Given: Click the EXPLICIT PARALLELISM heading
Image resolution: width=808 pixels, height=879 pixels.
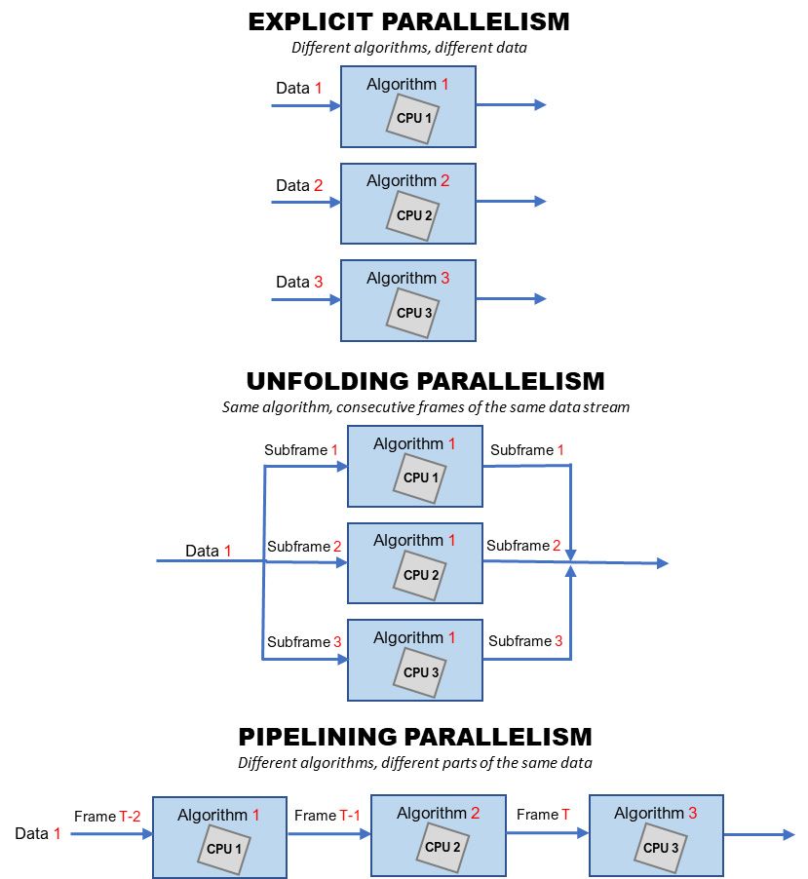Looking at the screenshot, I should pyautogui.click(x=408, y=21).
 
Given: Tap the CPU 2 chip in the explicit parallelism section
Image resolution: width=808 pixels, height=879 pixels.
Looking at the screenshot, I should pyautogui.click(x=413, y=215).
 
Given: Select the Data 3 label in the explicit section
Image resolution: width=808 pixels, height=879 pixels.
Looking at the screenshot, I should pyautogui.click(x=299, y=283).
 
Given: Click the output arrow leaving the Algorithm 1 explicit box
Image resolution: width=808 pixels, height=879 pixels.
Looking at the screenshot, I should pyautogui.click(x=511, y=105).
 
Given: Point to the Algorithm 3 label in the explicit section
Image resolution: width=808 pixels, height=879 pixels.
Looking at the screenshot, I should pyautogui.click(x=407, y=278).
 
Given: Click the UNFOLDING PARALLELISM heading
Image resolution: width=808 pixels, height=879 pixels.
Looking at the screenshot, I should pyautogui.click(x=425, y=380).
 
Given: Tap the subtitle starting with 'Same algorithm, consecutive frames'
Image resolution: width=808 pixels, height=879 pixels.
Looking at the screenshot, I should pyautogui.click(x=425, y=407).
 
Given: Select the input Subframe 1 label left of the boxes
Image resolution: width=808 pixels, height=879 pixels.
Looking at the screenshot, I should pyautogui.click(x=301, y=450).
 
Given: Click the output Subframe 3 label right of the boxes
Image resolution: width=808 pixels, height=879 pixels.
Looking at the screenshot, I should pyautogui.click(x=525, y=640).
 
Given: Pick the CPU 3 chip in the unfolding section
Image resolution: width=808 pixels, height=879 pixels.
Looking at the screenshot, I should pyautogui.click(x=420, y=672).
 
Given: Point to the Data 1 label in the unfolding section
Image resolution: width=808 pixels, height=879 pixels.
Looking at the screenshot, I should pyautogui.click(x=209, y=551).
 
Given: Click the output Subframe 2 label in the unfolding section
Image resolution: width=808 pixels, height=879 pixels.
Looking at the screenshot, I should pyautogui.click(x=523, y=546).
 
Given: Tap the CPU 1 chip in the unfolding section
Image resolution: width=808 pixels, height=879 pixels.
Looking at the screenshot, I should pyautogui.click(x=420, y=478).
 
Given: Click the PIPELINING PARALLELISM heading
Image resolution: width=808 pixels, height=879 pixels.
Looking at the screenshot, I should pyautogui.click(x=415, y=736).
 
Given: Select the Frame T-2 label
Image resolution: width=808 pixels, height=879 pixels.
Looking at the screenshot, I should pyautogui.click(x=107, y=817).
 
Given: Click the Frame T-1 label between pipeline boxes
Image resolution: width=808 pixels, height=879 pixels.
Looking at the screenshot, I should pyautogui.click(x=327, y=815).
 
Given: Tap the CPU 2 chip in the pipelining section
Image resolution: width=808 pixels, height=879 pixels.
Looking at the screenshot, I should pyautogui.click(x=442, y=847).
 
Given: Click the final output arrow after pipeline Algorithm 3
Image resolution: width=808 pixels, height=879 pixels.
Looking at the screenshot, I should pyautogui.click(x=760, y=834).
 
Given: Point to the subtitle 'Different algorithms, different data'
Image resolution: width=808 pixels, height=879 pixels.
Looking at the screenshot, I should pyautogui.click(x=408, y=47).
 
